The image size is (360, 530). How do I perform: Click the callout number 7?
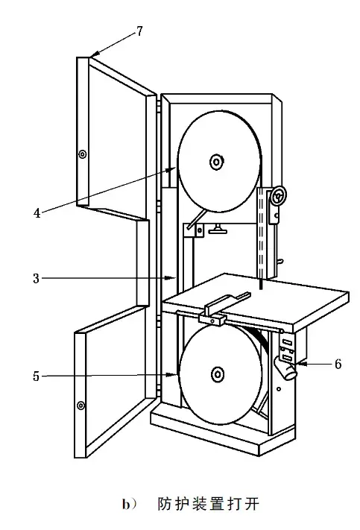139,31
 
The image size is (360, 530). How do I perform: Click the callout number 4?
37,213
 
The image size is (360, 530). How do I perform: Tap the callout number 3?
37,279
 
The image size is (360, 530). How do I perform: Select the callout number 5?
37,376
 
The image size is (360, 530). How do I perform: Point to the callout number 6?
338,364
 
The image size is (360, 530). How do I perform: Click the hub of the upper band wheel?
216,161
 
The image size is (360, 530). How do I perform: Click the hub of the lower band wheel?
218,374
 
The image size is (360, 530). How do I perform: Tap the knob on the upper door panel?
82,154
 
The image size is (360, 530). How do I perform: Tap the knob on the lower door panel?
80,405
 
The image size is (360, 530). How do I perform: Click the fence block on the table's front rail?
212,318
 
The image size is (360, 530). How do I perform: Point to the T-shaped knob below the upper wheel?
218,229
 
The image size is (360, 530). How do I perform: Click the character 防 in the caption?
165,505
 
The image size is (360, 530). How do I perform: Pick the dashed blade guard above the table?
262,233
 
